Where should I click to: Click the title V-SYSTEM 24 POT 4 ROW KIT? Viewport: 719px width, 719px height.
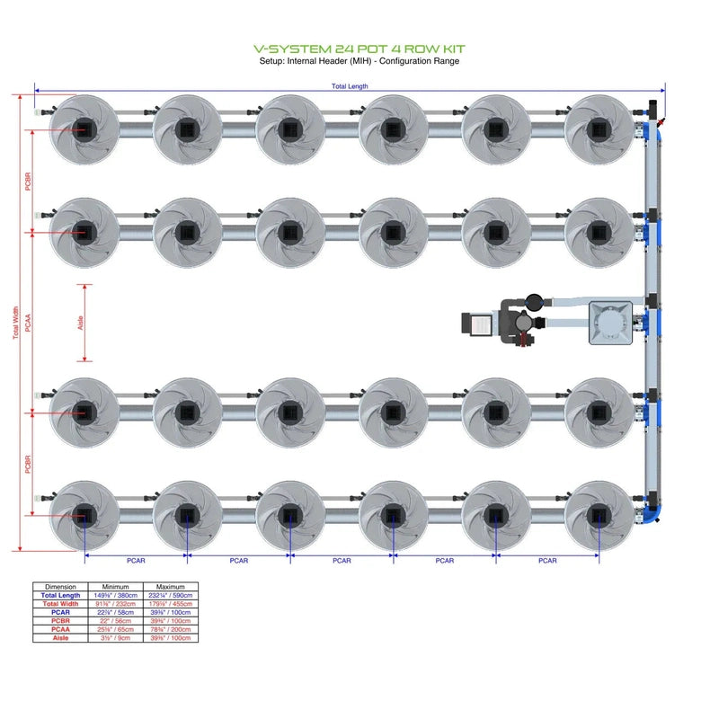(x=359, y=49)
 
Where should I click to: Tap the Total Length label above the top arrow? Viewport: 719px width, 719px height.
(x=350, y=86)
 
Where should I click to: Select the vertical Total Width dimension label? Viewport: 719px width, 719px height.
(x=15, y=324)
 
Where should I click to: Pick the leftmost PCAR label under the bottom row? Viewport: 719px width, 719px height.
(x=136, y=561)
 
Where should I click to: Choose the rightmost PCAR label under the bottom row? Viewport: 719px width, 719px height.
(x=547, y=561)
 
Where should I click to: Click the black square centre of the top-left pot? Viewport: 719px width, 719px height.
(x=84, y=129)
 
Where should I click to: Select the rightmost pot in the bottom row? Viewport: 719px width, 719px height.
(x=599, y=515)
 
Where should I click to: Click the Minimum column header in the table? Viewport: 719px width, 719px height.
(x=116, y=586)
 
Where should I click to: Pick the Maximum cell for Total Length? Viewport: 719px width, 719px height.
(x=171, y=595)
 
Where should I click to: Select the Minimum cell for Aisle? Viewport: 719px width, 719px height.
(x=116, y=637)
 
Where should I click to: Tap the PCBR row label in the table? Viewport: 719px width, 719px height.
(x=60, y=620)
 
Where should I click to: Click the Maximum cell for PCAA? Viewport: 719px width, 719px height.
(x=171, y=629)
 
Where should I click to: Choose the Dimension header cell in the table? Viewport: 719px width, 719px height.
(x=60, y=586)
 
